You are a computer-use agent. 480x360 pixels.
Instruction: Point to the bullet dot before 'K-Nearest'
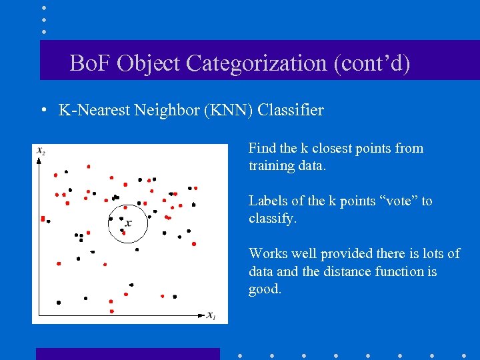click(43, 111)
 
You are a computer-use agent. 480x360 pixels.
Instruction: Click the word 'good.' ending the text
click(265, 289)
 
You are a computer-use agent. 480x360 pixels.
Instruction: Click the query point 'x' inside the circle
click(128, 223)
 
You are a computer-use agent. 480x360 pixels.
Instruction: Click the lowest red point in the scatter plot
click(111, 311)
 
